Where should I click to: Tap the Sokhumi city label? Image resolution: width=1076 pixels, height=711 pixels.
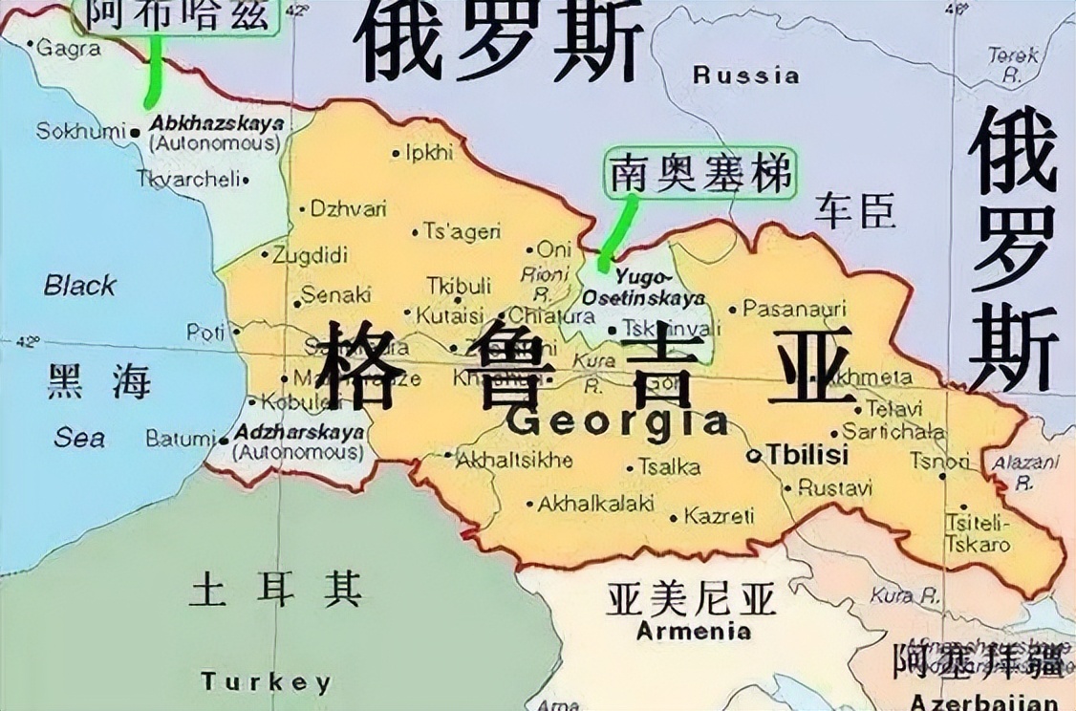[80, 131]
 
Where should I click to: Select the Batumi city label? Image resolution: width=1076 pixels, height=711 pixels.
[180, 439]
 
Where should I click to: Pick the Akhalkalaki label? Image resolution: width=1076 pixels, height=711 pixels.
[595, 503]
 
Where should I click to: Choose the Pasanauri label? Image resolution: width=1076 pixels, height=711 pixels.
[794, 309]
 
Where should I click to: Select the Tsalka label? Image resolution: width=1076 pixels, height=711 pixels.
[669, 467]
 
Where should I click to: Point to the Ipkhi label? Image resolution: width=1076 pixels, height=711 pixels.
[427, 152]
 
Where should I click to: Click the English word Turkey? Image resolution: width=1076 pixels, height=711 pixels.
[266, 681]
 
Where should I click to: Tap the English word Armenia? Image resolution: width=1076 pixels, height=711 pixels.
[693, 631]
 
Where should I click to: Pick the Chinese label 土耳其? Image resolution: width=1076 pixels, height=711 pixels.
[275, 590]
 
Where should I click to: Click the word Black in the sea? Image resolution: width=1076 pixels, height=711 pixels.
[80, 285]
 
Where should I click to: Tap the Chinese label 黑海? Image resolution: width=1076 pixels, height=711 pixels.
[98, 382]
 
